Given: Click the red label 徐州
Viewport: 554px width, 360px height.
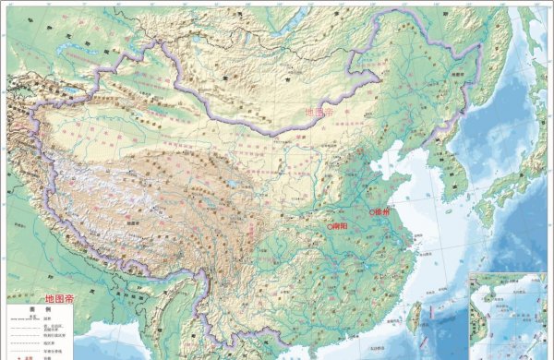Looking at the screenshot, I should (385, 212).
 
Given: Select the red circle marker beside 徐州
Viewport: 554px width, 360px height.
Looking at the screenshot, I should (372, 212).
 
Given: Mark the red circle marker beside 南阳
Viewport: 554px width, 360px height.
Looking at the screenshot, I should (330, 225).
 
